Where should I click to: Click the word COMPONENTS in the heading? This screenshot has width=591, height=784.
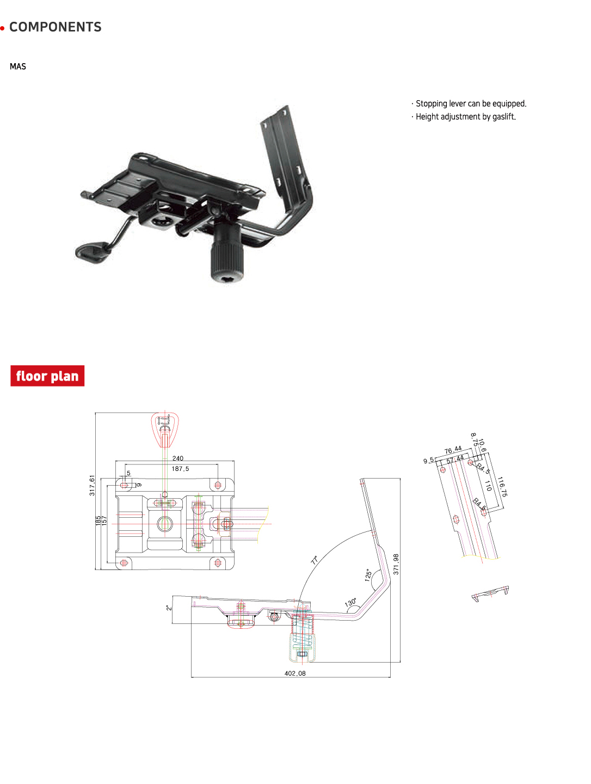(x=55, y=27)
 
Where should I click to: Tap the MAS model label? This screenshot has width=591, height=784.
(x=18, y=66)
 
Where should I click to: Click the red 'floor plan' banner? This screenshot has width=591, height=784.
(x=47, y=376)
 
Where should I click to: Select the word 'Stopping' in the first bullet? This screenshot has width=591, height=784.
(x=431, y=103)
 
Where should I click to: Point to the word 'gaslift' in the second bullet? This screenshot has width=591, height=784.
(x=503, y=117)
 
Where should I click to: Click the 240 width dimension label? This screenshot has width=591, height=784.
(x=178, y=458)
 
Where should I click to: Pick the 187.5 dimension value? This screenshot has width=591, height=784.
(x=180, y=469)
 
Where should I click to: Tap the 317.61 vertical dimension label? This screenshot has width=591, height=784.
(x=92, y=485)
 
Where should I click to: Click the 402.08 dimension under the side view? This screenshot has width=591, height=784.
(x=295, y=673)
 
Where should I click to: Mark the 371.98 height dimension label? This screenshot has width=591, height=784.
(x=396, y=564)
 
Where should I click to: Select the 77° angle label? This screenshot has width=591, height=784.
(x=315, y=560)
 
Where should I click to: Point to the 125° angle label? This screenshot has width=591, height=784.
(x=368, y=575)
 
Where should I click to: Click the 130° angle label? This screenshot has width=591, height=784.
(x=351, y=603)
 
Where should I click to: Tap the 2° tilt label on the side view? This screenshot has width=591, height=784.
(x=169, y=607)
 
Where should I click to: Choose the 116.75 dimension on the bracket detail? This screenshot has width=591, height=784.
(x=502, y=487)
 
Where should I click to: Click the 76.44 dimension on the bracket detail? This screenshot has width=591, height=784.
(x=453, y=450)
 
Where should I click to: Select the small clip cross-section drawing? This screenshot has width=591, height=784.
(x=490, y=594)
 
